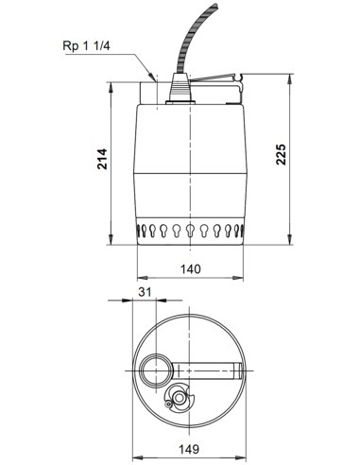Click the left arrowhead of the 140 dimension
[x=135, y=278]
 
